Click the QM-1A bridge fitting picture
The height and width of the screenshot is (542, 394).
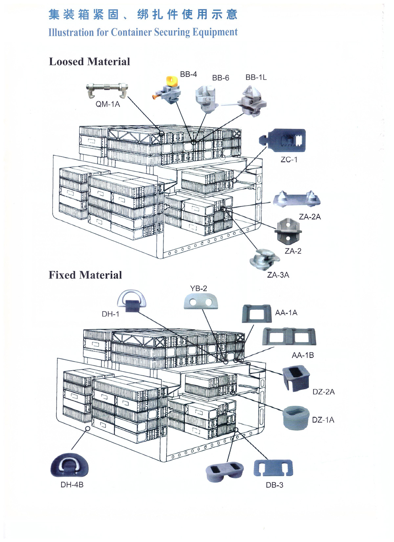[x=107, y=90]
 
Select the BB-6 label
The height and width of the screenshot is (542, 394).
[x=221, y=78]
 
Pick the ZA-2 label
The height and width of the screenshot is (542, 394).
[x=293, y=251]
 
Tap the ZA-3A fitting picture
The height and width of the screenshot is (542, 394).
[x=264, y=260]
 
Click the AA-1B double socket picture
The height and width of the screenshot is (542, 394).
[x=289, y=337]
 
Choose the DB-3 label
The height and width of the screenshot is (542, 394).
[x=274, y=485]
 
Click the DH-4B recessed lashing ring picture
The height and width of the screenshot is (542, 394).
[x=70, y=465]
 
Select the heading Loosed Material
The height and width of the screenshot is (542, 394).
[x=89, y=62]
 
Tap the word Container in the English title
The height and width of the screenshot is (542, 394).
[x=131, y=32]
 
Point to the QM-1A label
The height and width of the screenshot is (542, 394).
[x=108, y=104]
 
